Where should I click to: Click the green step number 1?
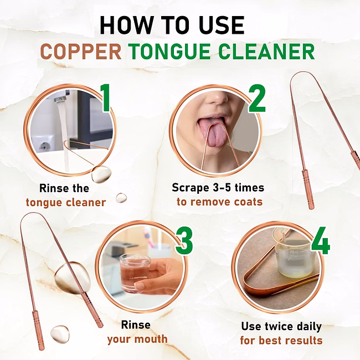coord(105,98)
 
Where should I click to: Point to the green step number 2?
coord(257,98)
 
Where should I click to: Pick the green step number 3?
coord(184,240)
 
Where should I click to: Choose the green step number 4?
coord(321,240)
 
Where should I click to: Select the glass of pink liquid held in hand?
coord(134,273)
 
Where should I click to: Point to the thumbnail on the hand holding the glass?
coord(139,286)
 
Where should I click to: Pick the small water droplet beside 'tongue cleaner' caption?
coord(121,198)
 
